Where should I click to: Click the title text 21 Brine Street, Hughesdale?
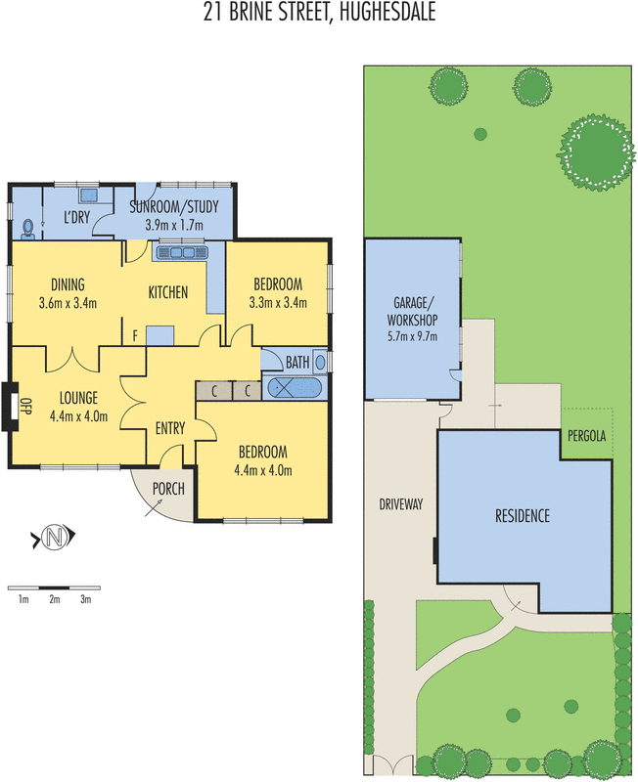click(x=319, y=14)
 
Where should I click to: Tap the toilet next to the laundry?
click(x=28, y=228)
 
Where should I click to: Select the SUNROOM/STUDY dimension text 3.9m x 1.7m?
click(x=173, y=225)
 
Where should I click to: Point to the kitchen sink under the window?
click(x=182, y=253)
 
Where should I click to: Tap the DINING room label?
click(x=68, y=284)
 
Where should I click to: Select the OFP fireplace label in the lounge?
click(x=27, y=405)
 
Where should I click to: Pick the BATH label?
click(x=297, y=362)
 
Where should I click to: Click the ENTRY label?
click(x=170, y=428)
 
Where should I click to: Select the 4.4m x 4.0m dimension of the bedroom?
click(x=262, y=469)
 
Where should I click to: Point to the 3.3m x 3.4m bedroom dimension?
click(x=277, y=302)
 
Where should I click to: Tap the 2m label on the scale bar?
click(x=55, y=599)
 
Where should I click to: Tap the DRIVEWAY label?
click(x=401, y=504)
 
